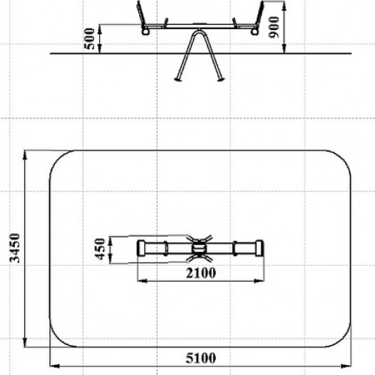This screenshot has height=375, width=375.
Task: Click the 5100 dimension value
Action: pos(201,358)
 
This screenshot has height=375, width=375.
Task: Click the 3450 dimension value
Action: pos(14,248)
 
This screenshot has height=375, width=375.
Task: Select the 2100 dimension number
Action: pos(201,272)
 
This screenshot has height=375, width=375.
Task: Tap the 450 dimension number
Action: pos(100,249)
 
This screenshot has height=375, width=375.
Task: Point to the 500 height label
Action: pos(90,38)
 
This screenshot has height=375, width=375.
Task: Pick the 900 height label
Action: pos(274,27)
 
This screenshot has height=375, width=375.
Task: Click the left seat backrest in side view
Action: pos(141,13)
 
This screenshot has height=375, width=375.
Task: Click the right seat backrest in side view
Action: pos(260,13)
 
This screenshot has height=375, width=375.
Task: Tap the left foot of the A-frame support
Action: pos(178,79)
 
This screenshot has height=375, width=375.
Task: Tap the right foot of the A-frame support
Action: pos(220,79)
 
